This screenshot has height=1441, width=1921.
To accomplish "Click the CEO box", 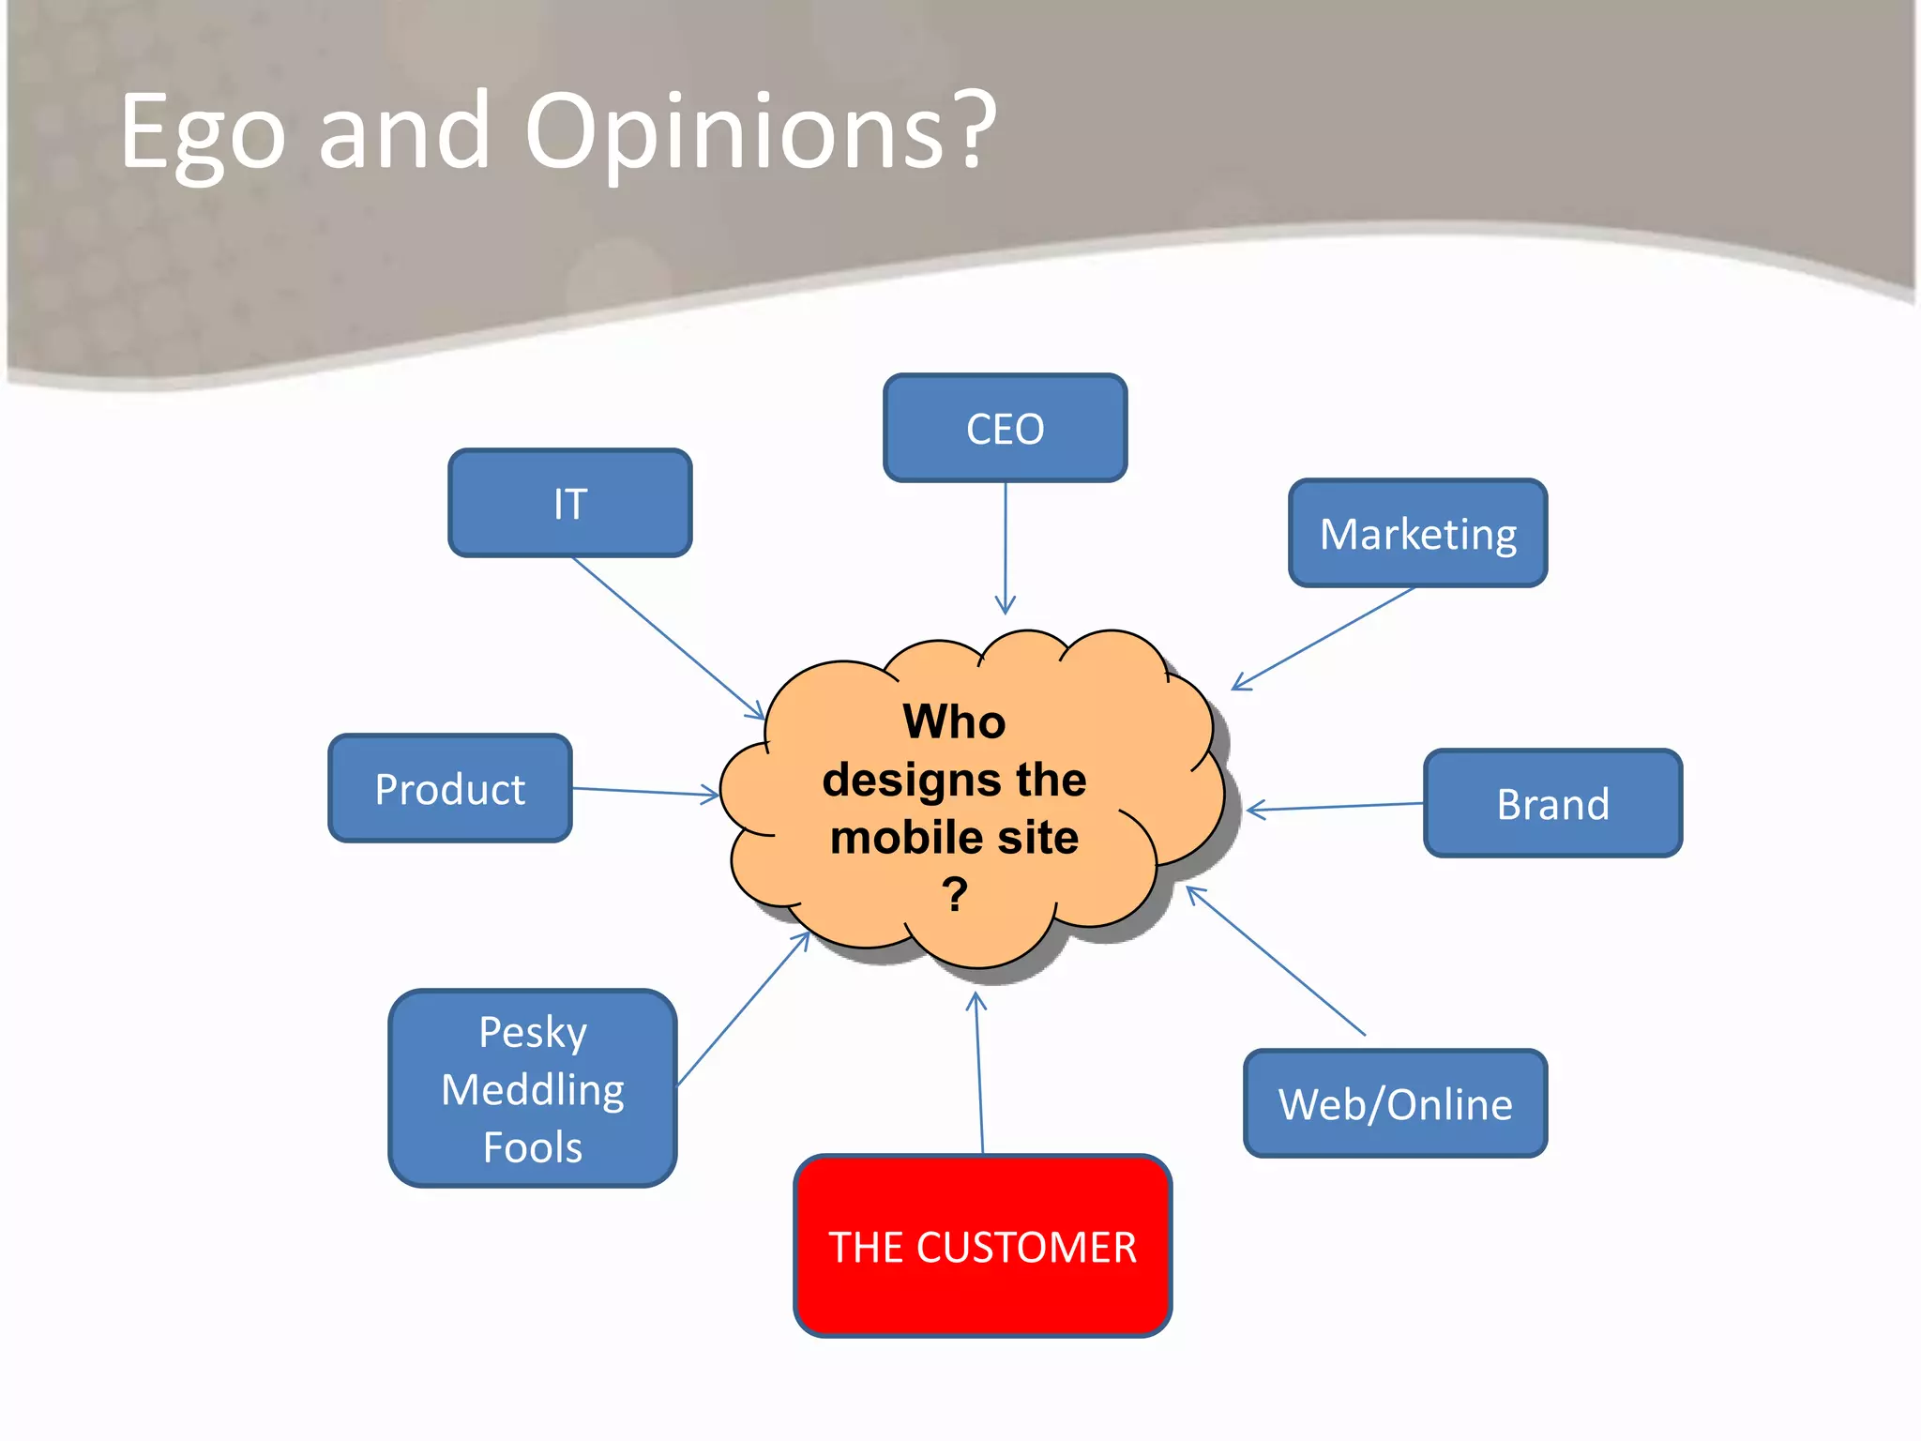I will pyautogui.click(x=1005, y=428).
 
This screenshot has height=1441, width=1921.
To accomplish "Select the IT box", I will pyautogui.click(x=570, y=503).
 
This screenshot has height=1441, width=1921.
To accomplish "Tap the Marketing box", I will pyautogui.click(x=1417, y=533).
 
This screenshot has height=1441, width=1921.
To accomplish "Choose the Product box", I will pyautogui.click(x=450, y=788).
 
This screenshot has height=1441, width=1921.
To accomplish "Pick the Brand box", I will pyautogui.click(x=1552, y=803).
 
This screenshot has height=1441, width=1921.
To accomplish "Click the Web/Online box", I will pyautogui.click(x=1395, y=1103).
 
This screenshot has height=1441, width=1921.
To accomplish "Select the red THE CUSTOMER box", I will pyautogui.click(x=982, y=1246).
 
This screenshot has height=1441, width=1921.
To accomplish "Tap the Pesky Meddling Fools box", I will pyautogui.click(x=533, y=1088).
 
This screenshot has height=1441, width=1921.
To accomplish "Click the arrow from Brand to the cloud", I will pyautogui.click(x=1337, y=807).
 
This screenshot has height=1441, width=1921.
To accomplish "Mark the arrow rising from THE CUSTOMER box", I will pyautogui.click(x=979, y=1074).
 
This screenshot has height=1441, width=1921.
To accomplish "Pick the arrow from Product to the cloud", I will pyautogui.click(x=645, y=792).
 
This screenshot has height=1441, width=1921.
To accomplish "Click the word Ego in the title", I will pyautogui.click(x=202, y=133).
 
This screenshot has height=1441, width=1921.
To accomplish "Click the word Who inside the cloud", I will pyautogui.click(x=954, y=721).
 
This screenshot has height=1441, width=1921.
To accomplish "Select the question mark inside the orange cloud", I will pyautogui.click(x=954, y=894).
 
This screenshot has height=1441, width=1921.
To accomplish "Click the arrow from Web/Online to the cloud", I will pyautogui.click(x=1276, y=961).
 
